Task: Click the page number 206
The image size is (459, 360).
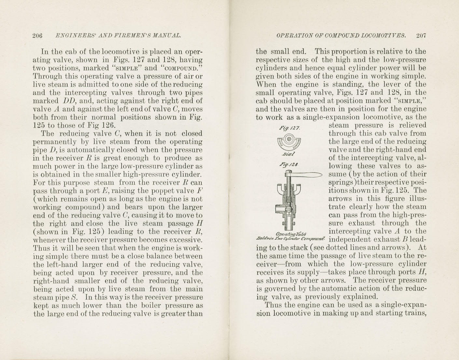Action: pos(37,36)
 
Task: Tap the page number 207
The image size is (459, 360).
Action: pos(421,36)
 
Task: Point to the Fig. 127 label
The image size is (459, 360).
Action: pos(289,128)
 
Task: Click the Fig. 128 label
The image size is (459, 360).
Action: pos(288,165)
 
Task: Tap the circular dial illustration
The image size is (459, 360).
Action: pos(289,141)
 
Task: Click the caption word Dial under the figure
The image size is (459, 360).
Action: pos(289,154)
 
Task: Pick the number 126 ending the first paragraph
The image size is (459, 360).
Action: pos(108,125)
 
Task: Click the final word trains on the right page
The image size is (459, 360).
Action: pos(415,313)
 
